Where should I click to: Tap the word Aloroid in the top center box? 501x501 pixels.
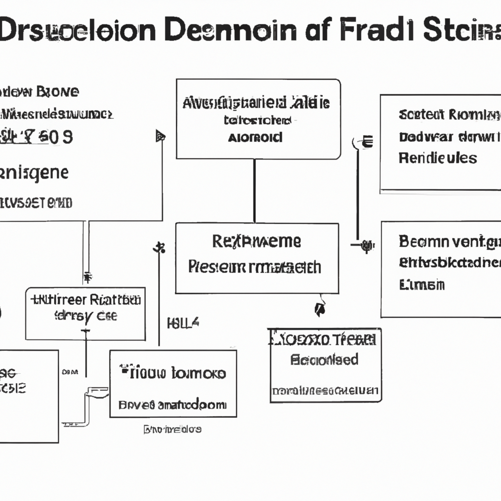pyautogui.click(x=255, y=137)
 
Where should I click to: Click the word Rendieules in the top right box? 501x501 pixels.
pyautogui.click(x=437, y=158)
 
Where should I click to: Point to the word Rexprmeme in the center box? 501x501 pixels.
pyautogui.click(x=257, y=241)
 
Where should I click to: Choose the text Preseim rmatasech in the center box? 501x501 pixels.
pyautogui.click(x=254, y=267)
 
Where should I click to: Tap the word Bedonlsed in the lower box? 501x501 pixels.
pyautogui.click(x=324, y=360)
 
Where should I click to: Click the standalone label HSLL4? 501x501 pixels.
pyautogui.click(x=183, y=323)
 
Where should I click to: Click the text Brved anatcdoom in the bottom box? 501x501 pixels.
pyautogui.click(x=172, y=405)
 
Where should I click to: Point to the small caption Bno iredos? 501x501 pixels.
pyautogui.click(x=172, y=430)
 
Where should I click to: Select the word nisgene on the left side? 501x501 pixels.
pyautogui.click(x=34, y=173)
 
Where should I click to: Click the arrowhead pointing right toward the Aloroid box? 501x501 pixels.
pyautogui.click(x=160, y=136)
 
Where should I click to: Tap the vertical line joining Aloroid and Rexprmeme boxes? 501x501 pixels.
pyautogui.click(x=254, y=191)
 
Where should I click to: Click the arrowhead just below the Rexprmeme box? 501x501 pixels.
pyautogui.click(x=319, y=309)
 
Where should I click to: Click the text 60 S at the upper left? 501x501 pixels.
pyautogui.click(x=55, y=137)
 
